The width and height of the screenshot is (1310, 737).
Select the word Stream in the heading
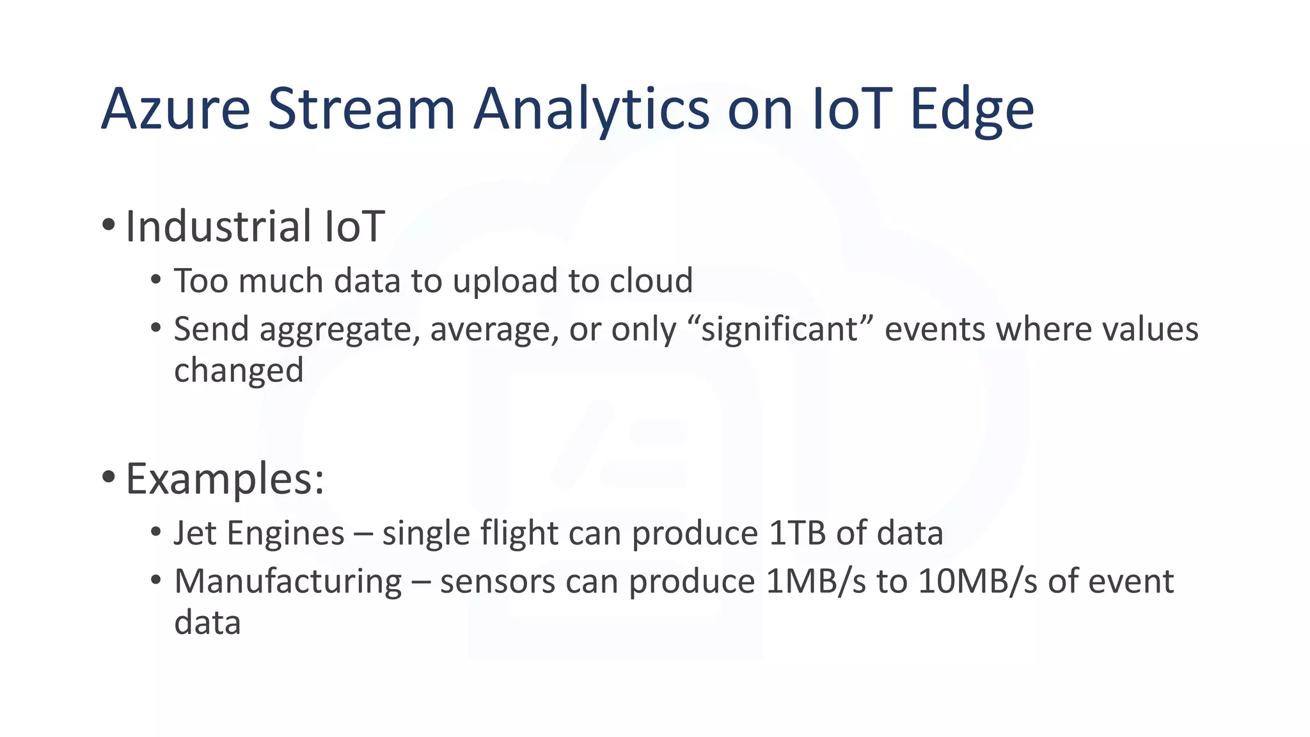360,109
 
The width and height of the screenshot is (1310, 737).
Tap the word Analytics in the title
591,109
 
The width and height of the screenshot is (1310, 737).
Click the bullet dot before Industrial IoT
108,225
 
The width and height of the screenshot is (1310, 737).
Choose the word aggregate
339,330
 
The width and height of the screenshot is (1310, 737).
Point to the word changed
239,370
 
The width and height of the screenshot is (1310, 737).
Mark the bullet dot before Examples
108,477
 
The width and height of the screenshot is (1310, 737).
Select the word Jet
195,533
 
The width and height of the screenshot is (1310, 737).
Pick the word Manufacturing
288,582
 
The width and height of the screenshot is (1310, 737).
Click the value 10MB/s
977,582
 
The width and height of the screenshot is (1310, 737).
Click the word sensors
497,582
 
